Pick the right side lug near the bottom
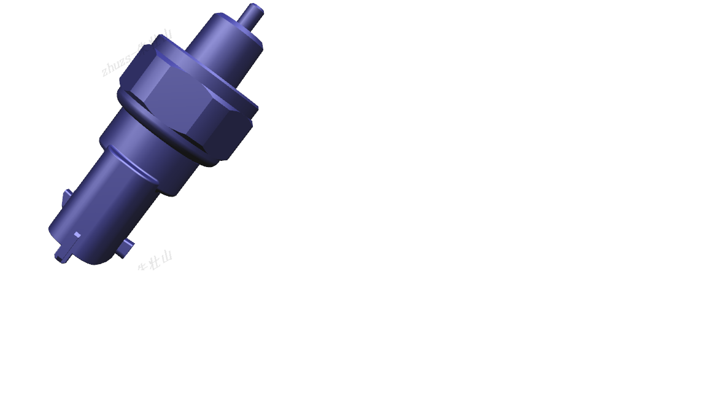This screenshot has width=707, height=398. [126, 248]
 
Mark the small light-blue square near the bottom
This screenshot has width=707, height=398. [77, 235]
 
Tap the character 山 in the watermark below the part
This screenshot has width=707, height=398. [166, 257]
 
